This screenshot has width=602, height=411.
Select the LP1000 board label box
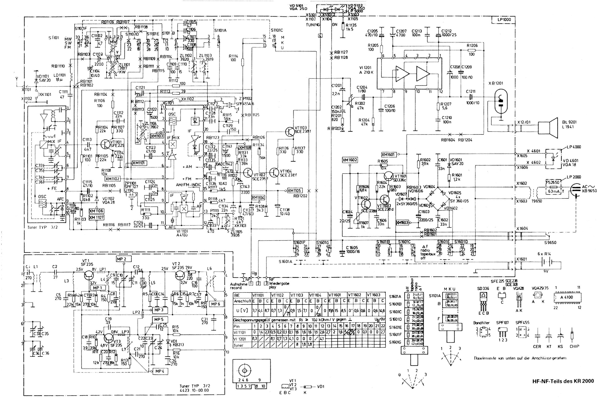tap(504, 20)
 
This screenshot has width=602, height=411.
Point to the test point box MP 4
tap(160, 371)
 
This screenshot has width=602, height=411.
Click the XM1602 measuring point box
tap(350, 160)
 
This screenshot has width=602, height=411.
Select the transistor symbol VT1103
tap(290, 131)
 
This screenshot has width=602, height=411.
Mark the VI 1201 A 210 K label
tap(366, 70)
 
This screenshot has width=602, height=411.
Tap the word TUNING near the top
tap(312, 25)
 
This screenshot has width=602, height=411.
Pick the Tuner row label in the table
tap(238, 345)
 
